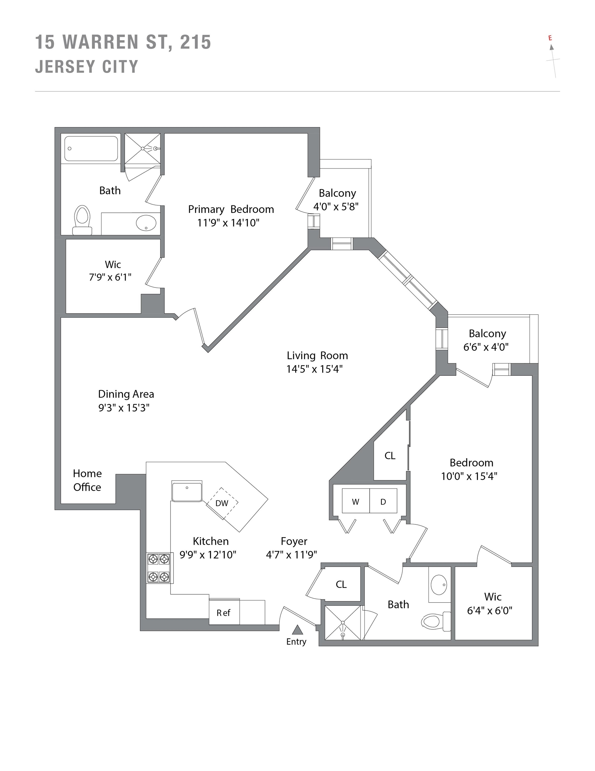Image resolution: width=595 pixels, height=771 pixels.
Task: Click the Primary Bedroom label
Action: coord(231,209)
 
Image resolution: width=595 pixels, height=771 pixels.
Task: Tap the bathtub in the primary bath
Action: coord(91,149)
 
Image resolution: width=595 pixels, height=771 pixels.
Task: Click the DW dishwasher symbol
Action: coord(222,503)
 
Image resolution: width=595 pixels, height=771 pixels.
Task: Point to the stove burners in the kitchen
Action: coord(158,568)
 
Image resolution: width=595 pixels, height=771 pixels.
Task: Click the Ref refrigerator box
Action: coord(224,613)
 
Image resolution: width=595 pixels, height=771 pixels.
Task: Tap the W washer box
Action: coord(356,502)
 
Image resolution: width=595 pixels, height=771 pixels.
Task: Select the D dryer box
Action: coord(383,502)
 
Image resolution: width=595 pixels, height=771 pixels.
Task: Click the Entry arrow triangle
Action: coord(297,629)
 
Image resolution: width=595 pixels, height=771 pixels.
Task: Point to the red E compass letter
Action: coord(550,38)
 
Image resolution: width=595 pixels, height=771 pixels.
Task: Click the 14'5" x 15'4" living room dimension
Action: coord(314,369)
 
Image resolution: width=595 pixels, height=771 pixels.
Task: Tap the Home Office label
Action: coord(87,480)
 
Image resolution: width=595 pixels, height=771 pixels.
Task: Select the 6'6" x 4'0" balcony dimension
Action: coord(486,347)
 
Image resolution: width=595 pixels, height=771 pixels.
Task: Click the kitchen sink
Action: coord(187,491)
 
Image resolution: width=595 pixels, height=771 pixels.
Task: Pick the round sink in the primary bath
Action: coord(146,223)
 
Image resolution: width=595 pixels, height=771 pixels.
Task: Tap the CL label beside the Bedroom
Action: coord(390,456)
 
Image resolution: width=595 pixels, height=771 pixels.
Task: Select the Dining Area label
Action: coord(126,394)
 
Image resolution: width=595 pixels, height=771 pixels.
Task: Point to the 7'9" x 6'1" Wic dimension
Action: coord(110,277)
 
